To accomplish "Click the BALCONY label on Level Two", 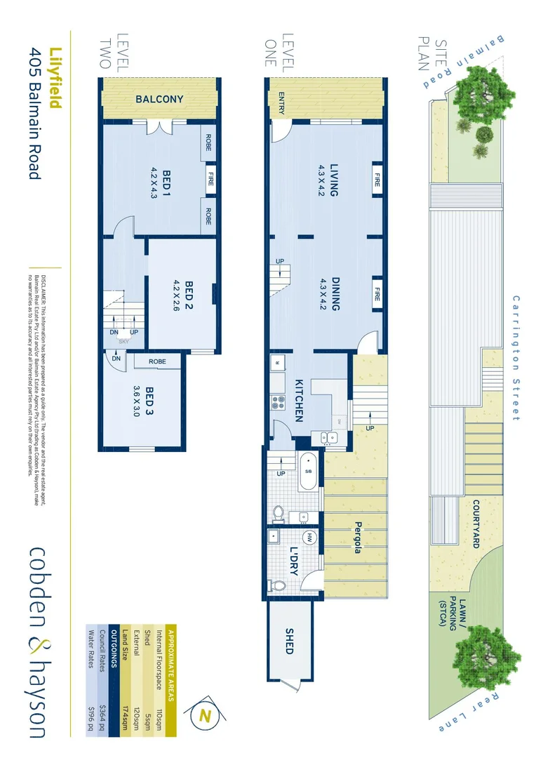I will pos(159,100).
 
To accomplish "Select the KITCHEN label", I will pos(298,401).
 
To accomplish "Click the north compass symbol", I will pos(206,716).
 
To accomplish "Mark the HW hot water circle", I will pos(312,538).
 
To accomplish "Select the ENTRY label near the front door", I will pos(281,104).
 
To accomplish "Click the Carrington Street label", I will pos(516,358).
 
